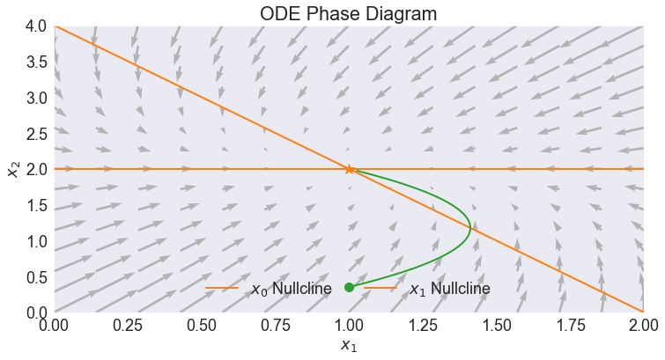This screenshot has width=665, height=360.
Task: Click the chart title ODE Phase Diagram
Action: pyautogui.click(x=349, y=14)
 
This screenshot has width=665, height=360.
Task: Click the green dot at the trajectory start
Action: pyautogui.click(x=349, y=287)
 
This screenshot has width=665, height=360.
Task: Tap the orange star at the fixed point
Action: pyautogui.click(x=349, y=169)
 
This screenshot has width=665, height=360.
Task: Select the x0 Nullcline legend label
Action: pyautogui.click(x=291, y=289)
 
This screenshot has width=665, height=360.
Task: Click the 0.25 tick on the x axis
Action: pyautogui.click(x=129, y=326)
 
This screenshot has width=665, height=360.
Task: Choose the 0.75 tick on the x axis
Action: pyautogui.click(x=276, y=326)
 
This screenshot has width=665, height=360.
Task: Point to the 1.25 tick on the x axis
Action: pyautogui.click(x=423, y=326)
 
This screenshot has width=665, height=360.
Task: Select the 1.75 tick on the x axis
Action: pyautogui.click(x=570, y=326)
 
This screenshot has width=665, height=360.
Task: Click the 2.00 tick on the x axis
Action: pyautogui.click(x=643, y=326)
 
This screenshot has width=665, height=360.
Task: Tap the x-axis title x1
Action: pyautogui.click(x=349, y=346)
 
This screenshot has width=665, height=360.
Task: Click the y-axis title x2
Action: pyautogui.click(x=12, y=169)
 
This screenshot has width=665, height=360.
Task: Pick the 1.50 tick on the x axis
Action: pyautogui.click(x=497, y=326)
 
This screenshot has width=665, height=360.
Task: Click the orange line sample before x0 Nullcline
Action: pyautogui.click(x=222, y=288)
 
